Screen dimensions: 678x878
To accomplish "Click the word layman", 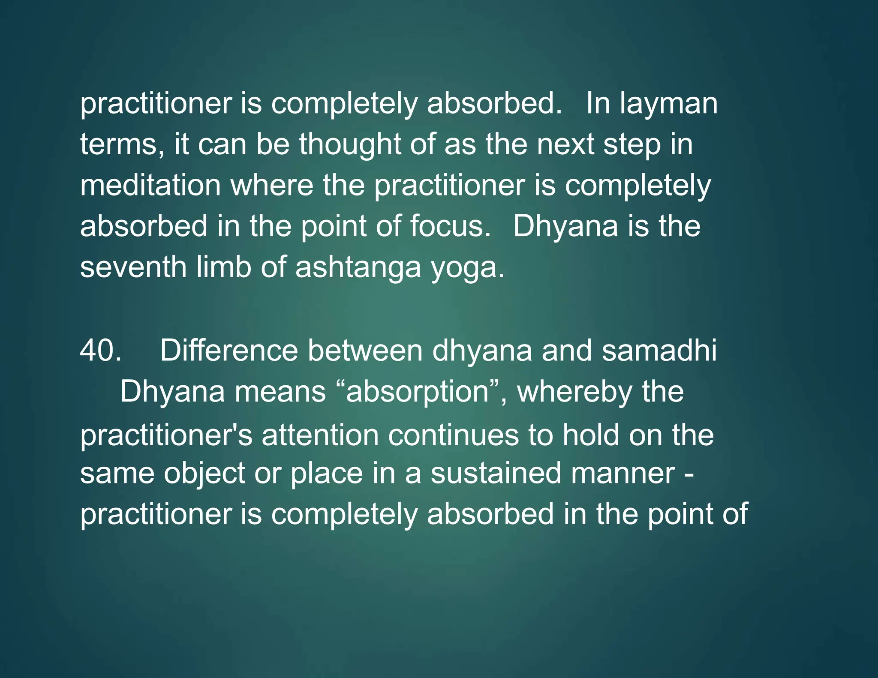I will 668,104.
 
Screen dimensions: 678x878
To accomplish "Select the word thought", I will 350,144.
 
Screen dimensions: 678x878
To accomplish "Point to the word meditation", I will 150,185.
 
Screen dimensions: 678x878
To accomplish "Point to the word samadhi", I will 659,351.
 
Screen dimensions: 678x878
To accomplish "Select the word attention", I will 320,435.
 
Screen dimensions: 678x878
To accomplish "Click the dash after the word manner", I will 689,474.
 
